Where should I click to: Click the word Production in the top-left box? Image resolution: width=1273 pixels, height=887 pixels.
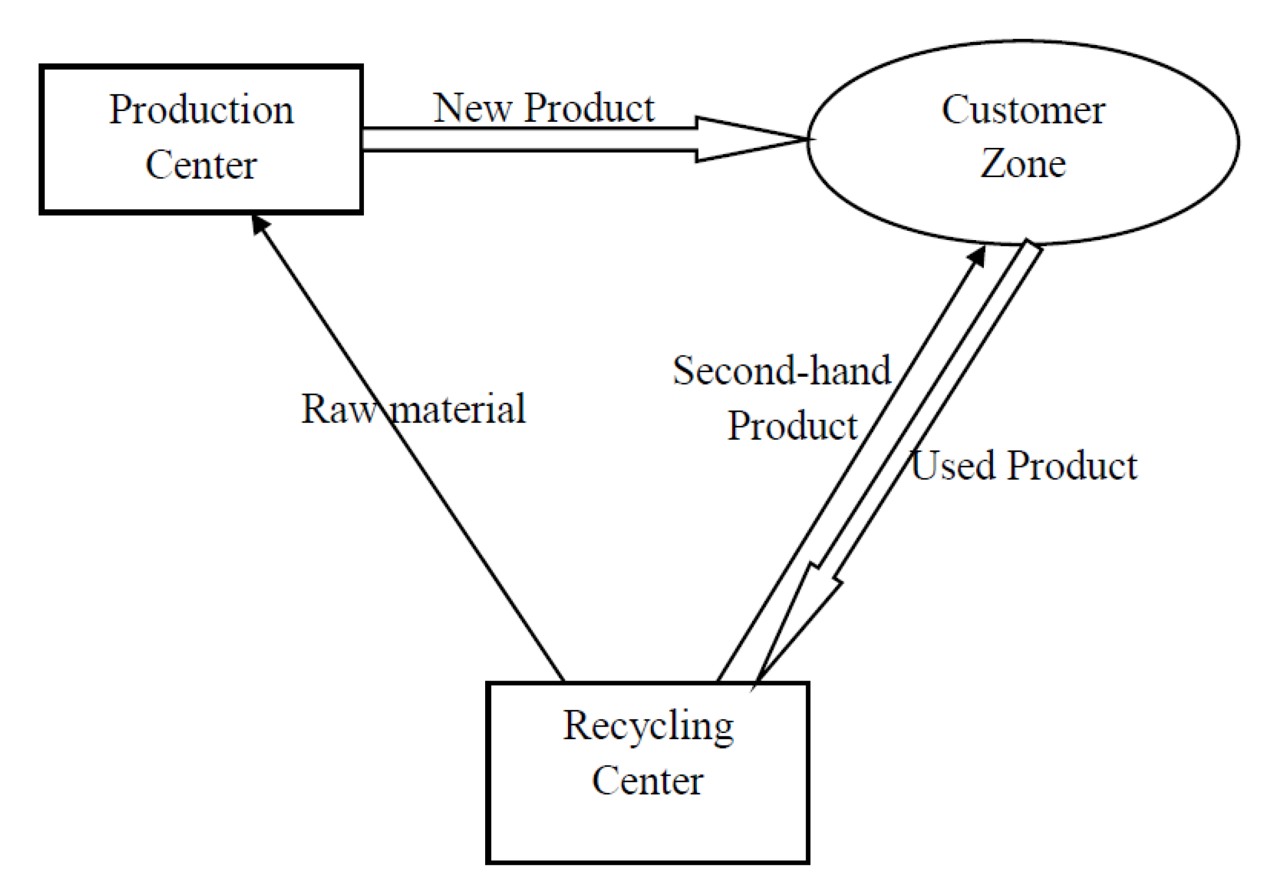click(x=201, y=110)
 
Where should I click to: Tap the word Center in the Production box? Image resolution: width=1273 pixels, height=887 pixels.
click(x=201, y=165)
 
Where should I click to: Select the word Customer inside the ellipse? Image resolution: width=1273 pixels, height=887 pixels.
click(x=1023, y=110)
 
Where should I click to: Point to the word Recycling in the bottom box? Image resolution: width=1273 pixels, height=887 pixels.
click(x=648, y=726)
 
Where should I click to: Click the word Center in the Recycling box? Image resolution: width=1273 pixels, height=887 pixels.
click(x=648, y=780)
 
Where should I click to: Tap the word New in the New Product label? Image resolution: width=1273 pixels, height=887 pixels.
click(x=472, y=108)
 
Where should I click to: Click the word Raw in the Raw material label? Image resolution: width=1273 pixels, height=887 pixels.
click(x=339, y=409)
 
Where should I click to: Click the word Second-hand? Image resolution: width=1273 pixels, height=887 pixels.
click(x=782, y=371)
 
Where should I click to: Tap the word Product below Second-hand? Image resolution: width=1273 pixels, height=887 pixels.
click(x=793, y=426)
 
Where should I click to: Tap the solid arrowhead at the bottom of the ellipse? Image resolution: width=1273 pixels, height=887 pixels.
click(x=978, y=256)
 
